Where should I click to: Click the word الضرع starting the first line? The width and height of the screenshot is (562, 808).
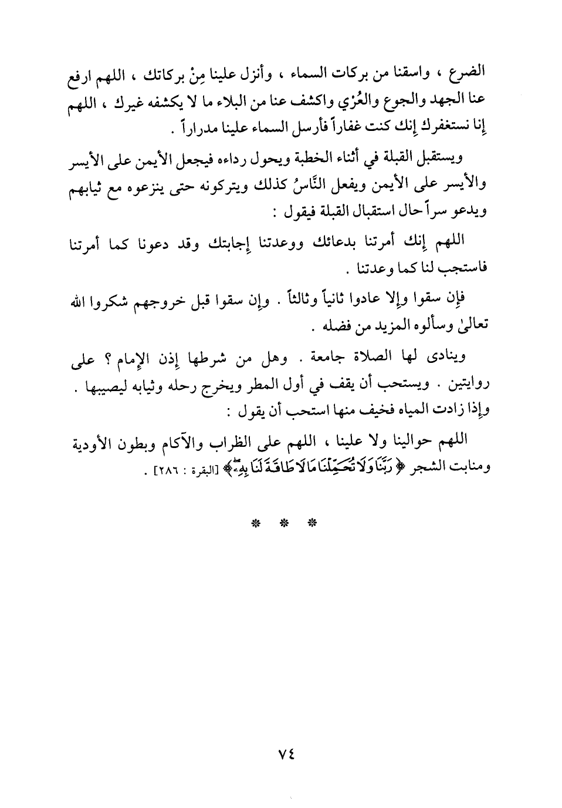tap(472, 76)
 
